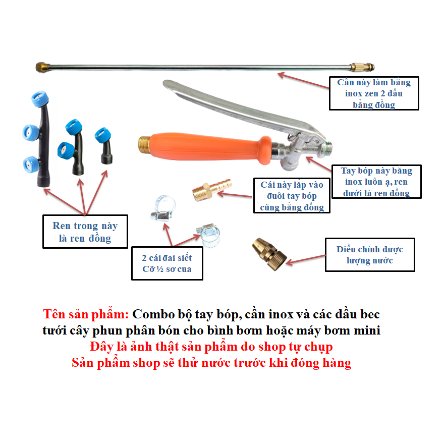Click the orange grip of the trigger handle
(x=209, y=147)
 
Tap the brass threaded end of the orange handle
(x=144, y=144)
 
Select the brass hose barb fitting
(x=212, y=190)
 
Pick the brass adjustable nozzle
(x=269, y=254)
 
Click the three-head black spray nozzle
(x=37, y=139)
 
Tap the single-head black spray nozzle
(x=104, y=145)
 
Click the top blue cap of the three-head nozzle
(x=40, y=99)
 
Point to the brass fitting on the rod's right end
(x=362, y=68)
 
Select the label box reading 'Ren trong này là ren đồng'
(x=85, y=232)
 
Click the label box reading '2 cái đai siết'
(x=168, y=263)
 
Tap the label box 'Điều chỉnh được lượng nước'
(x=370, y=255)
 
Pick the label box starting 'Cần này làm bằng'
(x=374, y=93)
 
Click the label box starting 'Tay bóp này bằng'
(x=376, y=182)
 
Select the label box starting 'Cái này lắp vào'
(x=292, y=195)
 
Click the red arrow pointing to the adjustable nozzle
(x=306, y=259)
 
